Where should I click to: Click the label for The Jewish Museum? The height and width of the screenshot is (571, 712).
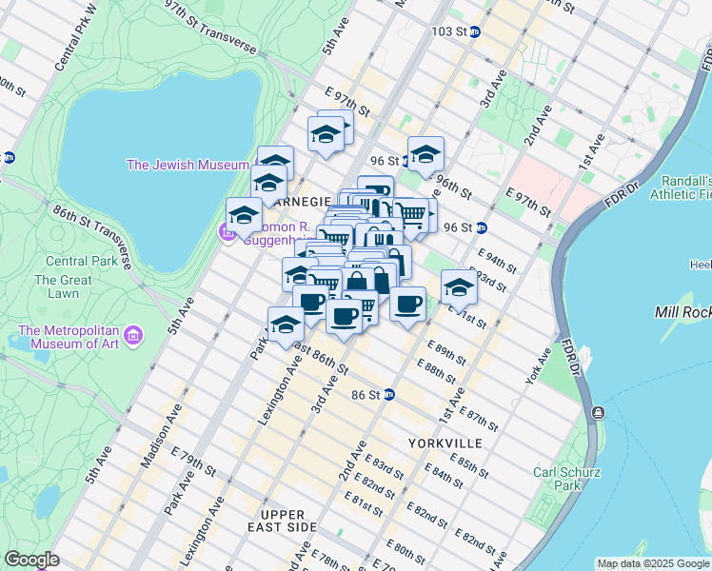188,165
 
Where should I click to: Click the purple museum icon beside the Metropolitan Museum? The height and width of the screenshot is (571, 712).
134,336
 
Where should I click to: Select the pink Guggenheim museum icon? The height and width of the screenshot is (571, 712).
227,231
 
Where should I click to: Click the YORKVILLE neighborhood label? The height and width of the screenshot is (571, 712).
440,443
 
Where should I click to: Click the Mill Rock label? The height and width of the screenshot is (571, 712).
682,312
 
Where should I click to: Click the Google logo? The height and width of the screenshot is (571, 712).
31,560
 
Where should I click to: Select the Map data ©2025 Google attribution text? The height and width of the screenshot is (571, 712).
652,563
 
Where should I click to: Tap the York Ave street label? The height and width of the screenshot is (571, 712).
538,367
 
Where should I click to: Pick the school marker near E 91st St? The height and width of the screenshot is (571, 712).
459,285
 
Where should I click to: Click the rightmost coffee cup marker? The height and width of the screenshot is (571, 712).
407,305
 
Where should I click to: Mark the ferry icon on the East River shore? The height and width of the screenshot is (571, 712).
597,412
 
